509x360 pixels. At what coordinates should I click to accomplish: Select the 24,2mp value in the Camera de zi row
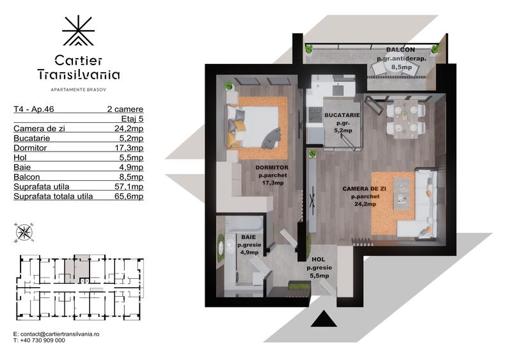[x=129, y=128]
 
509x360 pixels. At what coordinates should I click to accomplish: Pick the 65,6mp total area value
[x=129, y=196]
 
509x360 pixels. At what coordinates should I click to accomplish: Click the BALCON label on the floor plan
[x=400, y=50]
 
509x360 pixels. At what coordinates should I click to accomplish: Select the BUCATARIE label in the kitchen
[x=342, y=115]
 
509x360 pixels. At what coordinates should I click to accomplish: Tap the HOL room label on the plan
[x=317, y=260]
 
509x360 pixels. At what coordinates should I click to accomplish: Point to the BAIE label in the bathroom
[x=247, y=237]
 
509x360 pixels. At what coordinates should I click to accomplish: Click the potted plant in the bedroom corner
[x=228, y=85]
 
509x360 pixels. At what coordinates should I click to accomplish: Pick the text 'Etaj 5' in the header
[x=132, y=118]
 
